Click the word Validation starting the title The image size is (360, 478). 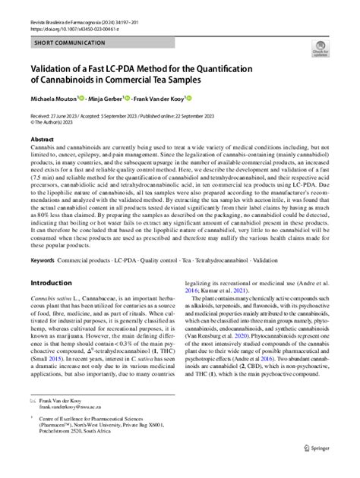pos(55,66)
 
